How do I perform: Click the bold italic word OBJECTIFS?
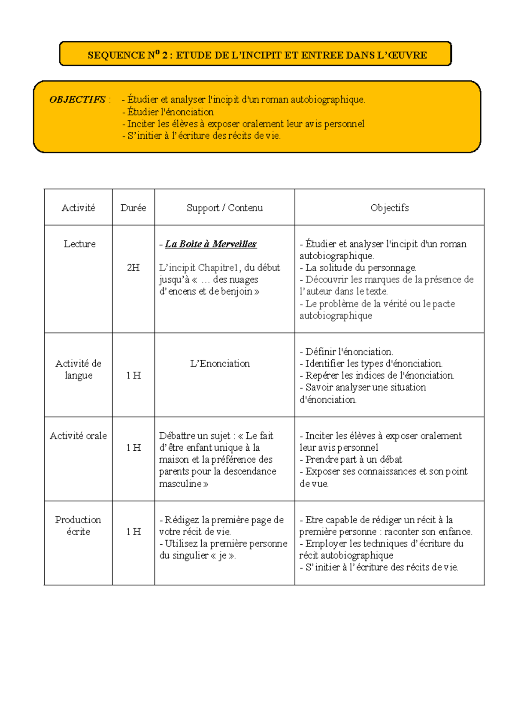[x=77, y=100]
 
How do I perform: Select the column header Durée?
[x=133, y=208]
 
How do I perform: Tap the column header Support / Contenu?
[x=224, y=208]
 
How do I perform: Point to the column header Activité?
[x=78, y=208]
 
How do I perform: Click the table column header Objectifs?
[x=389, y=208]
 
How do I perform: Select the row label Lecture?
[x=79, y=244]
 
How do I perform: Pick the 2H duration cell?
[x=133, y=267]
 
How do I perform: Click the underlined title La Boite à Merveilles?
[x=211, y=244]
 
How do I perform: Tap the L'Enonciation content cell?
[x=220, y=364]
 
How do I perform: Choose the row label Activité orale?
[x=78, y=436]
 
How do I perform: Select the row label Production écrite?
[x=78, y=525]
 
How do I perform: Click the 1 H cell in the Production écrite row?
[x=133, y=531]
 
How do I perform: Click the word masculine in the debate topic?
[x=180, y=484]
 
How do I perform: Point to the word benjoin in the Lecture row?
[x=236, y=291]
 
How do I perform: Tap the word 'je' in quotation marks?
[x=223, y=555]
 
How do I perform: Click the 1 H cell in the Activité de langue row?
[x=133, y=375]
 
